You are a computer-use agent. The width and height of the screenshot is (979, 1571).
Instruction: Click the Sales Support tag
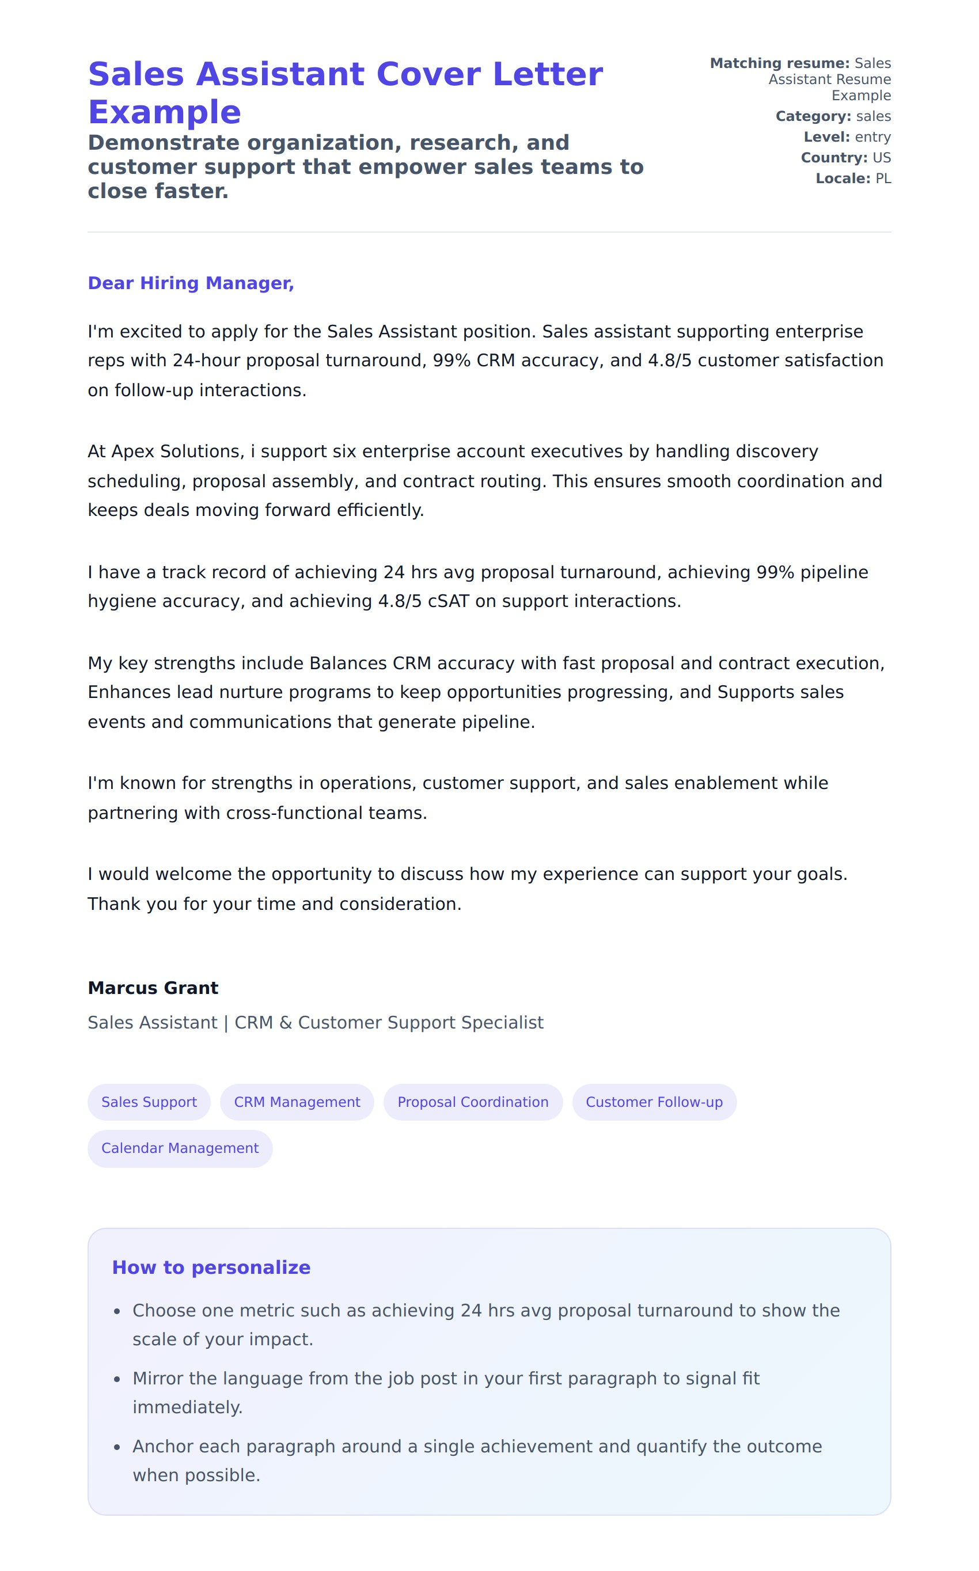coord(149,1102)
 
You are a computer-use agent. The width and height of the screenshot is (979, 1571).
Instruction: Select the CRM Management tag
coord(297,1102)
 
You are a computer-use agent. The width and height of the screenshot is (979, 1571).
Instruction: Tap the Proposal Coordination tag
coord(473,1102)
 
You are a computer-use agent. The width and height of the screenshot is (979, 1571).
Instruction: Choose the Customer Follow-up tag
coord(654,1102)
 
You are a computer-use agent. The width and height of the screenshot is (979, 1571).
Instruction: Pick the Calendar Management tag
coord(180,1148)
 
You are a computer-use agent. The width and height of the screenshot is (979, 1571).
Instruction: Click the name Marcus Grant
coord(153,988)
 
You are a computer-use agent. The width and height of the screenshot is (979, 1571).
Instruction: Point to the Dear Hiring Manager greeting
coord(191,283)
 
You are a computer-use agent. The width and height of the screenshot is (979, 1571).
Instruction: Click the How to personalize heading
coord(211,1268)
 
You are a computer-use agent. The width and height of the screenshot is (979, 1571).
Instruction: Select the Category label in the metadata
coord(813,116)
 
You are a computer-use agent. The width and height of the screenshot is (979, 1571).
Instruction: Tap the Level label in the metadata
coord(827,137)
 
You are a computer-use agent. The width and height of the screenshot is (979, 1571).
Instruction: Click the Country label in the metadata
coord(834,158)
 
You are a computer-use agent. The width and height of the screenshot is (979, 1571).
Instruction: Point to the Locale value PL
coord(883,179)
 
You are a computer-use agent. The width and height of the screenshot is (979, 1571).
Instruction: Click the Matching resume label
coord(780,63)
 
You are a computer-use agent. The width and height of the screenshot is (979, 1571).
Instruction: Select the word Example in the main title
coord(165,113)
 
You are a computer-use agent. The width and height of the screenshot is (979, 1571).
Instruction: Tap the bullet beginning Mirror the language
coord(446,1379)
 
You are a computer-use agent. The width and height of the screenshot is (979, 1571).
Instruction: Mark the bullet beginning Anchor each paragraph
coord(477,1447)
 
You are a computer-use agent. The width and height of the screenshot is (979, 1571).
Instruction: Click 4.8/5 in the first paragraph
coord(670,361)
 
